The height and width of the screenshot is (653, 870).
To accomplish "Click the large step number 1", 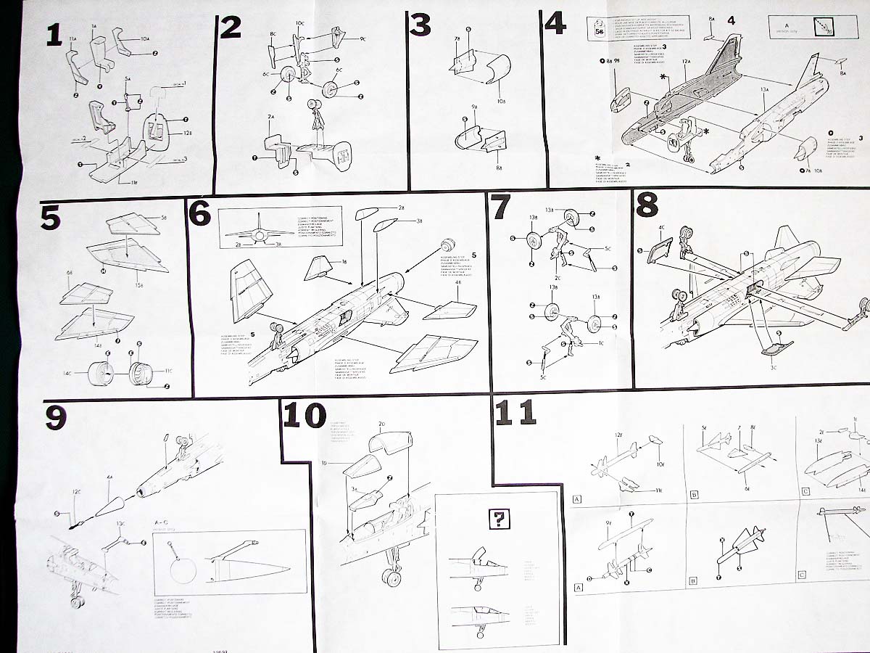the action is [54, 34].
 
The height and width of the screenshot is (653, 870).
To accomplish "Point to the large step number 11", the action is [515, 412].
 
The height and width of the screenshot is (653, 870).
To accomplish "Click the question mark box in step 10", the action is [500, 519].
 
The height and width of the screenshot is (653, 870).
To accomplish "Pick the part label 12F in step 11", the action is [618, 435].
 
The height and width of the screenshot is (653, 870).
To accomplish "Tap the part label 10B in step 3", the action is [482, 100].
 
